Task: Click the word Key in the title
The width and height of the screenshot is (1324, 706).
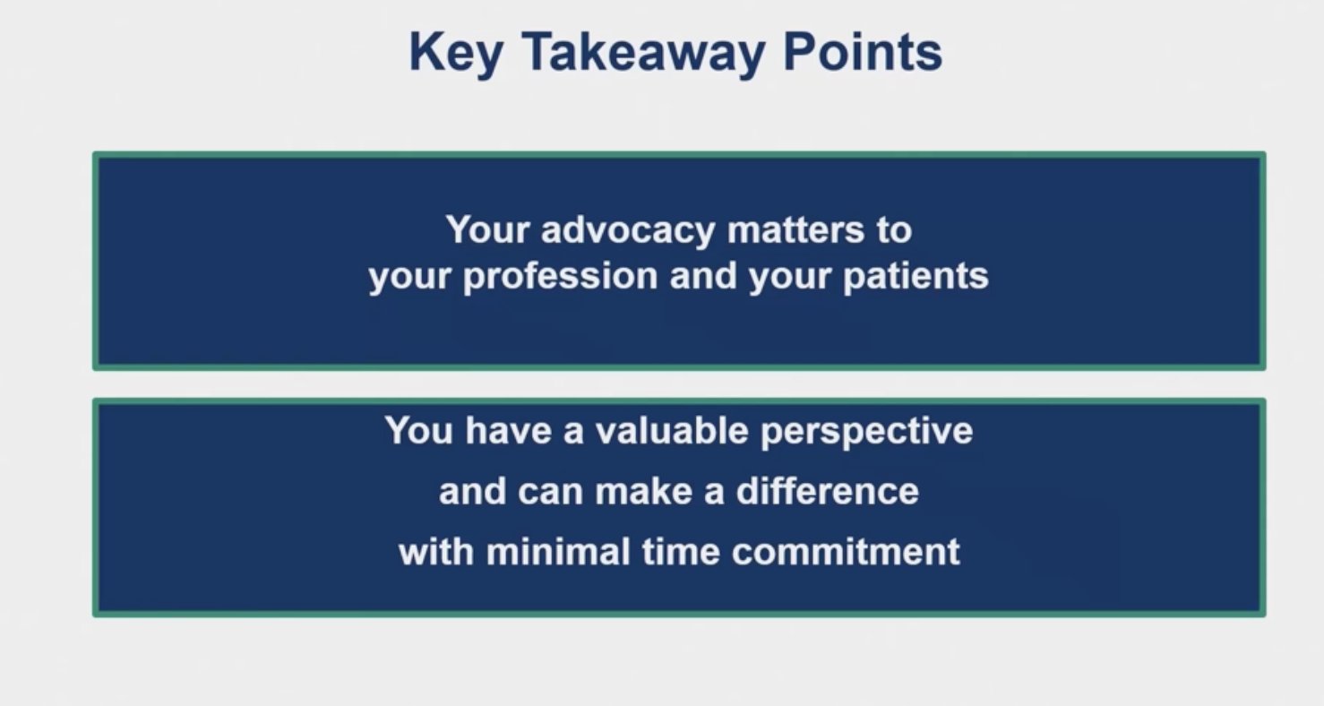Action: [456, 54]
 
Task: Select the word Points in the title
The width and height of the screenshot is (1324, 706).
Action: [863, 52]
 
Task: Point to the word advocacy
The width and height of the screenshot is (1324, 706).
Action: [628, 231]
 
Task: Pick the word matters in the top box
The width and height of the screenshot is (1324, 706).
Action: [795, 230]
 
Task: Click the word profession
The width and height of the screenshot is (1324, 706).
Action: [560, 277]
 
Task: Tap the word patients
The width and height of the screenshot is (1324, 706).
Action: [916, 276]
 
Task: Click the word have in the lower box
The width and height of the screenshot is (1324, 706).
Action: [508, 430]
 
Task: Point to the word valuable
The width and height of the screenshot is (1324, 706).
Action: [672, 430]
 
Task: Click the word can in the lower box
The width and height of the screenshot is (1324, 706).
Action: [550, 492]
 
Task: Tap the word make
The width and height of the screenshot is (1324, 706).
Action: [643, 491]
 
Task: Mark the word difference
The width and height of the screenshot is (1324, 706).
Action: [827, 491]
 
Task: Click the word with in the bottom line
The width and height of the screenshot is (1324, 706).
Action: [436, 552]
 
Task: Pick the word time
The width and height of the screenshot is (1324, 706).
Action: [680, 552]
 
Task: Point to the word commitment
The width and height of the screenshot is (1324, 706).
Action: [846, 552]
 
